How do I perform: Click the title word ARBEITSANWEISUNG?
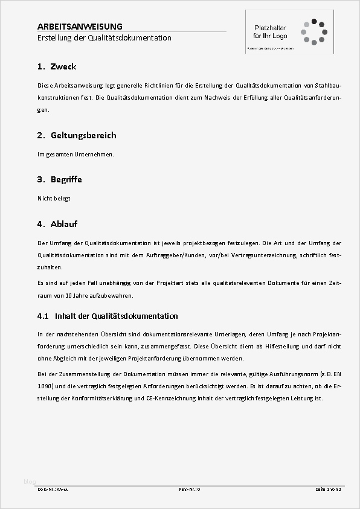pos(80,27)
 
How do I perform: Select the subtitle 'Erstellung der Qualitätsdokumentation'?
pos(104,38)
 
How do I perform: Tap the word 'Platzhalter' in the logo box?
pos(270,28)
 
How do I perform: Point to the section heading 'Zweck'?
pos(63,66)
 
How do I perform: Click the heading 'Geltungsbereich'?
pos(83,135)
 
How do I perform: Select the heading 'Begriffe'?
pos(66,179)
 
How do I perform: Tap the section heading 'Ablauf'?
pos(64,224)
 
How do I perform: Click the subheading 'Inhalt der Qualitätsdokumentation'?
pos(116,316)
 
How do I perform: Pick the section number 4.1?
pos(42,316)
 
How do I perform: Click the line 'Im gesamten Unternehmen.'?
pos(76,155)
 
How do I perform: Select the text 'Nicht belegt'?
pos(54,199)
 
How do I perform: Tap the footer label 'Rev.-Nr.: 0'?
pos(190,489)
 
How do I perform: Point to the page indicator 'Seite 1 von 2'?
pos(329,489)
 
